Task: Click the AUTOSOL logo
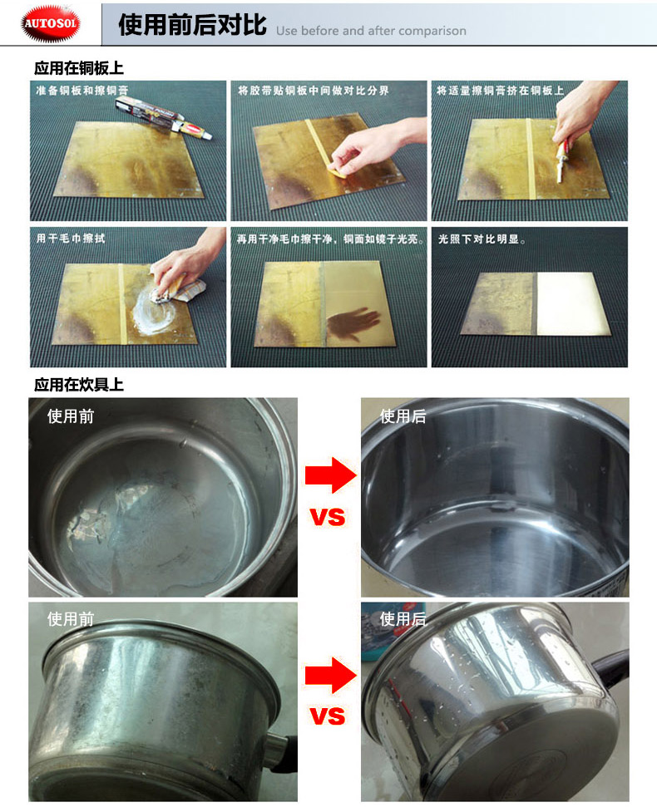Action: [51, 23]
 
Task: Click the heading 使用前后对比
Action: [193, 25]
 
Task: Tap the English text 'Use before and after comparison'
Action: [371, 31]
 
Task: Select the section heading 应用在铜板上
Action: [79, 68]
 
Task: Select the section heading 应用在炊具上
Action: [79, 385]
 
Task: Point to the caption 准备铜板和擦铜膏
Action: [82, 91]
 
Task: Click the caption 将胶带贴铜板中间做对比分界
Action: [313, 91]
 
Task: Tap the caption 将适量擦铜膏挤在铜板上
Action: [500, 91]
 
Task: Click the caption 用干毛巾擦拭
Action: [71, 239]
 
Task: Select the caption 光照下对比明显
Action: [482, 239]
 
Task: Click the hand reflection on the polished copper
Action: [353, 323]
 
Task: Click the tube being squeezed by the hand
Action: [561, 160]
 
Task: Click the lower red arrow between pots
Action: [330, 675]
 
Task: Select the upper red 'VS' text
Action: [328, 517]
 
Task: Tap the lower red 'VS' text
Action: [328, 716]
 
